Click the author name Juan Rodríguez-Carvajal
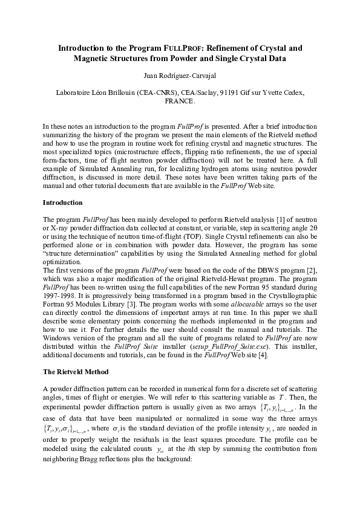pos(180,77)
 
